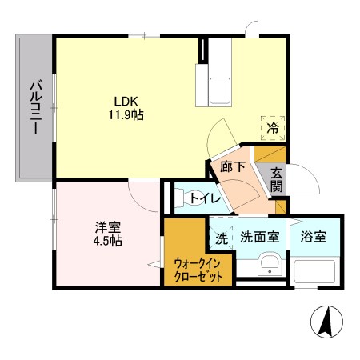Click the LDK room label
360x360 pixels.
[x=126, y=102]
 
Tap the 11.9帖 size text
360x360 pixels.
[x=126, y=115]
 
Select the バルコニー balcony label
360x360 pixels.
[x=36, y=107]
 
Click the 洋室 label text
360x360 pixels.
[x=108, y=227]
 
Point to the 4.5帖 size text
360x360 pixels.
[x=108, y=241]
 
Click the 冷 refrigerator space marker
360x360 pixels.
[x=273, y=128]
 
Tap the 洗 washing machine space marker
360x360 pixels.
[x=222, y=238]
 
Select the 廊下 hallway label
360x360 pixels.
[x=233, y=166]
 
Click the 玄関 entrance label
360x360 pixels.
[x=277, y=180]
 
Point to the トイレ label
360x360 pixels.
[x=206, y=198]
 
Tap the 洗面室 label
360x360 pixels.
[x=260, y=237]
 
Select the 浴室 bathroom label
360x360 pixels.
[x=314, y=237]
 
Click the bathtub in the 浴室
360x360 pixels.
[x=314, y=271]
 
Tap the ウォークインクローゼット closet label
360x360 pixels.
[x=198, y=270]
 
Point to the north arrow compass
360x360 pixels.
[x=326, y=322]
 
